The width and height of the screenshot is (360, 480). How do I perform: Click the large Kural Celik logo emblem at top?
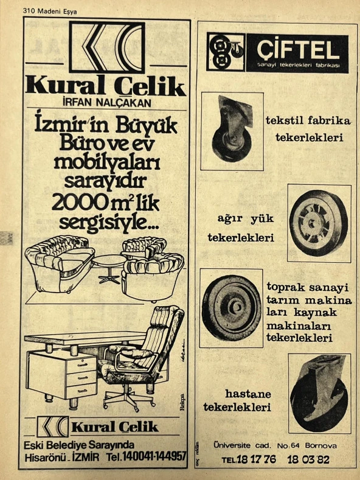tap(106, 47)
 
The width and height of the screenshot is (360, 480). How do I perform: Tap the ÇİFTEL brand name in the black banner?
tap(297, 49)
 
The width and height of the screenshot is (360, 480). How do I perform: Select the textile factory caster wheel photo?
tap(232, 130)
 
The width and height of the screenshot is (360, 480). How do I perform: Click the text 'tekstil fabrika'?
tap(308, 120)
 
